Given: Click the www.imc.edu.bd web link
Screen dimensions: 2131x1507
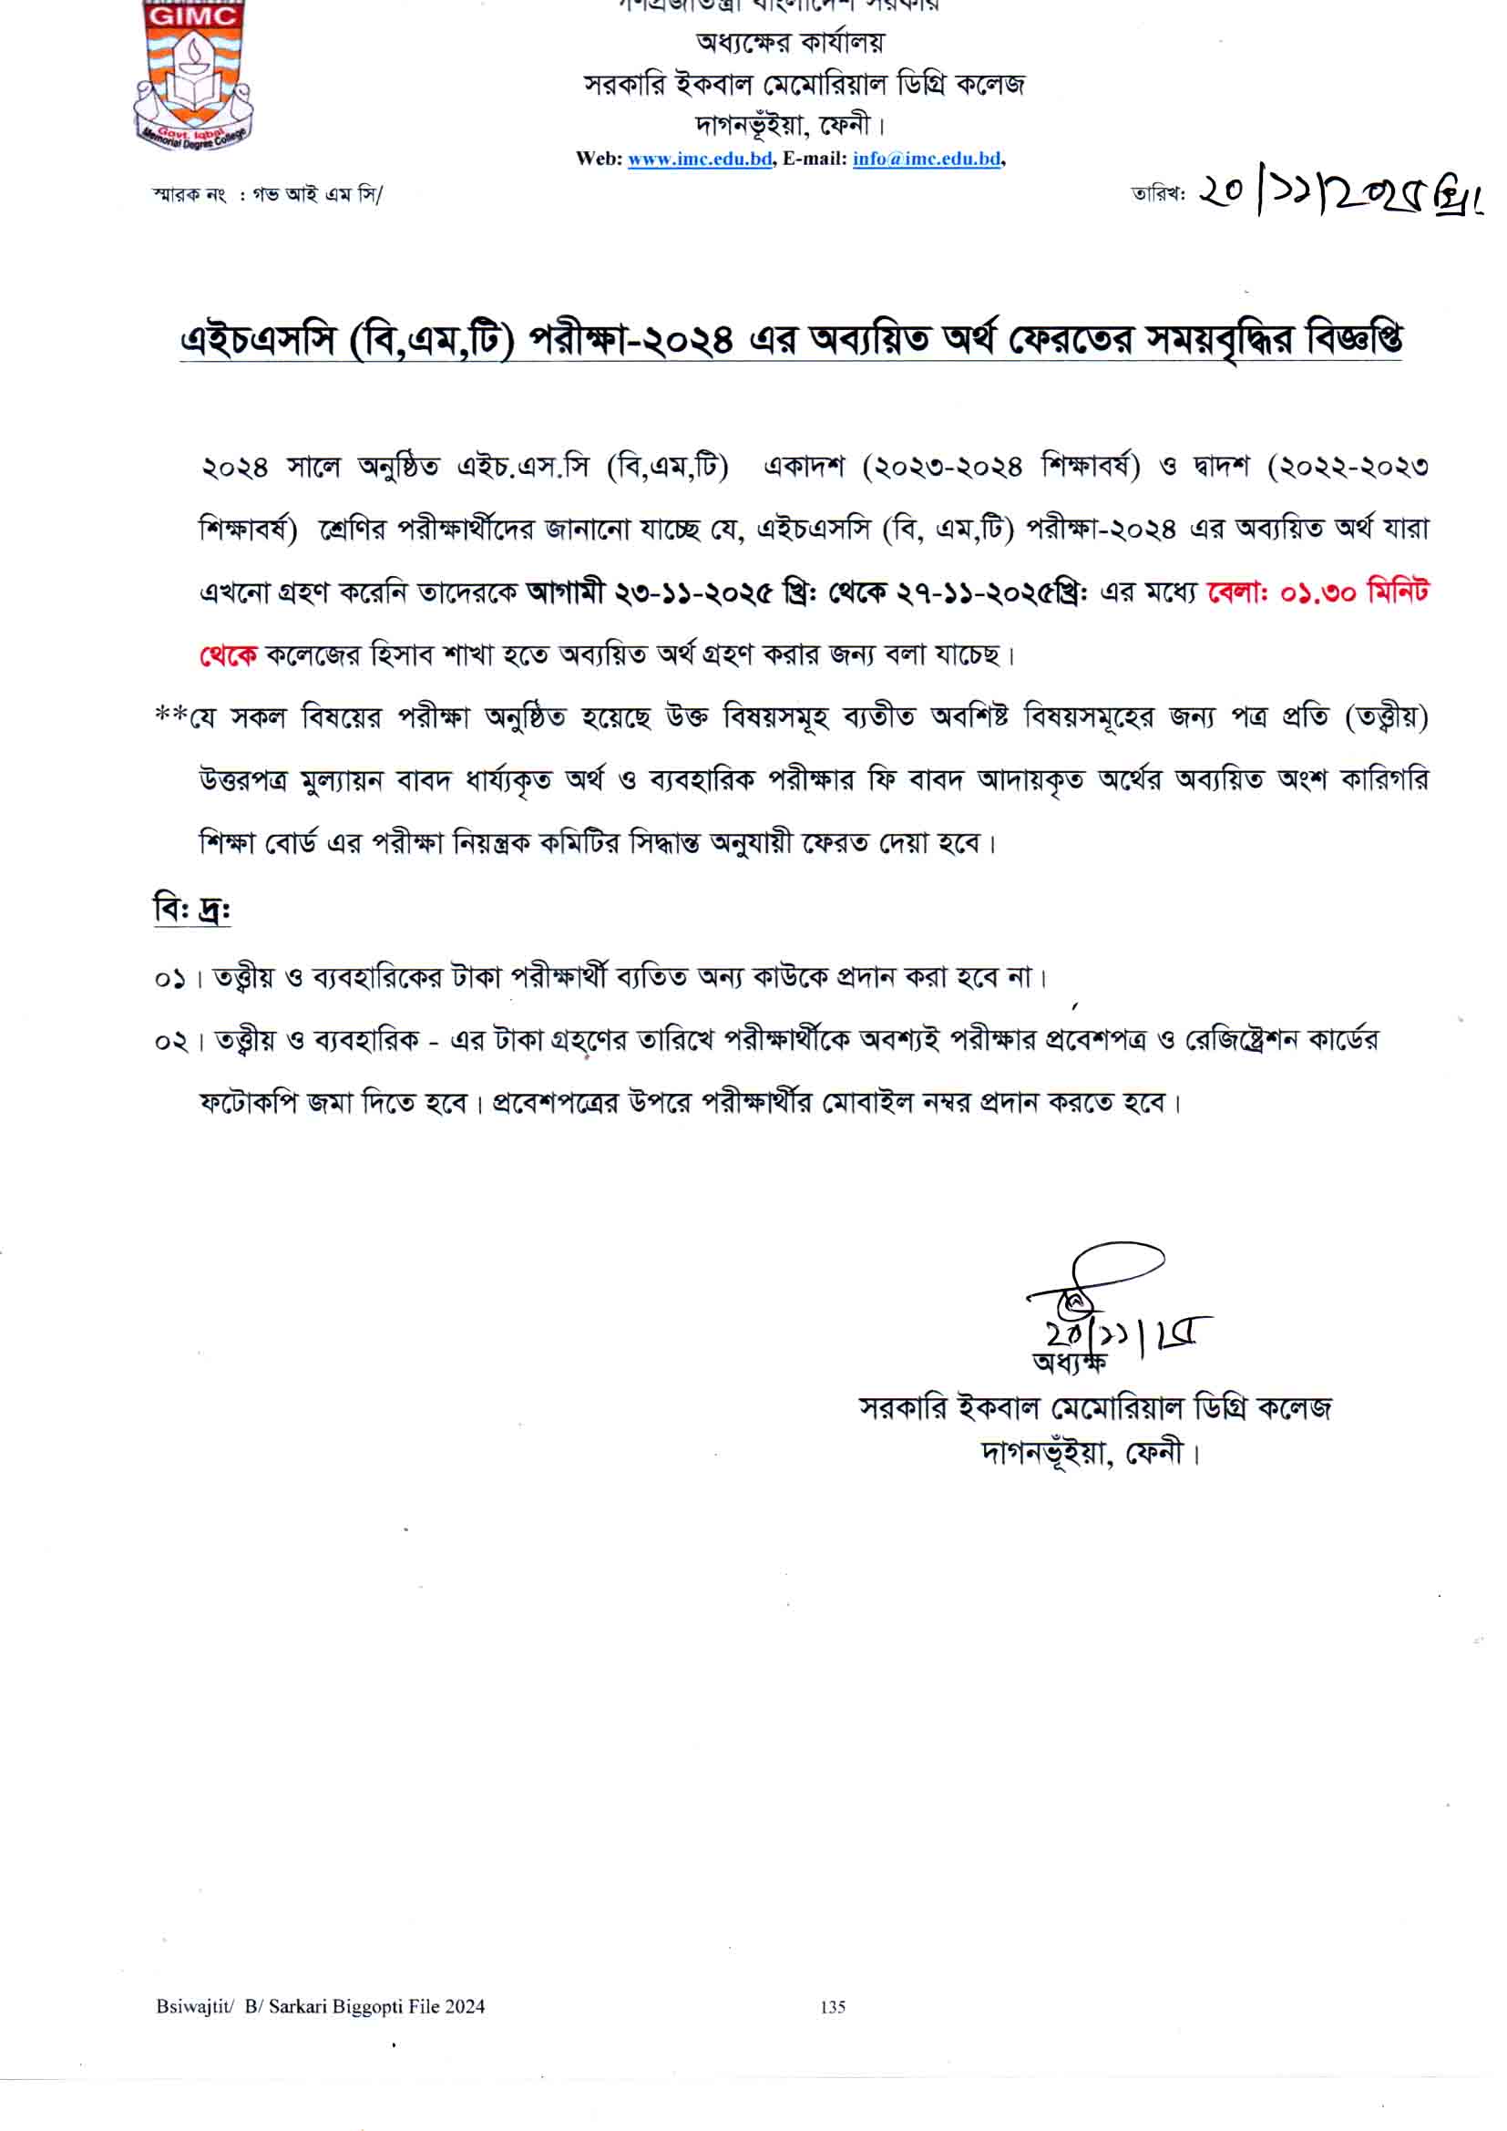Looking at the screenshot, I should click(700, 159).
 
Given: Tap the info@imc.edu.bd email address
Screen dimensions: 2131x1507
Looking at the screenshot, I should click(926, 159).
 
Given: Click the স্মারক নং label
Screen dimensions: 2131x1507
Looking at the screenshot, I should click(190, 195).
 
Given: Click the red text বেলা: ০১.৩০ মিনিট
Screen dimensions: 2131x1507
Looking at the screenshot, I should click(1317, 592).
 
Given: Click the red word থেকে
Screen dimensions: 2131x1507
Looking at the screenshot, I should click(229, 655).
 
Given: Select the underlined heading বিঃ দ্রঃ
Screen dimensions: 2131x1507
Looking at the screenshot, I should click(192, 909).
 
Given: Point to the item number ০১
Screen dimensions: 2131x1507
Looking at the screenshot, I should click(170, 978).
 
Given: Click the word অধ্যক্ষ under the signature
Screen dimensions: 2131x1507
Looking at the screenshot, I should click(1069, 1363).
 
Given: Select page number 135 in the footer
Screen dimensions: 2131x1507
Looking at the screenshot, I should click(833, 2007).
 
